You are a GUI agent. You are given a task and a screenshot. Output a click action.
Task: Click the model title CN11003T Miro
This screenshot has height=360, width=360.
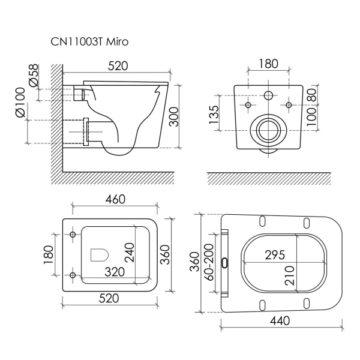89,42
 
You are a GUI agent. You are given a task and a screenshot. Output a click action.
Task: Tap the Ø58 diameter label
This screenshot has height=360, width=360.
34,76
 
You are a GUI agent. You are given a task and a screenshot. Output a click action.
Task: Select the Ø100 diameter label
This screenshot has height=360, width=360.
20,103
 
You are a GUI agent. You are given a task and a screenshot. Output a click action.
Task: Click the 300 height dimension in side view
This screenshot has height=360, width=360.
173,116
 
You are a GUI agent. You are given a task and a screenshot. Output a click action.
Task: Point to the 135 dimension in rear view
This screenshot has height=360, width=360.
214,115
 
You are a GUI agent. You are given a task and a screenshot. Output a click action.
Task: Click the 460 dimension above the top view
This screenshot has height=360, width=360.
115,199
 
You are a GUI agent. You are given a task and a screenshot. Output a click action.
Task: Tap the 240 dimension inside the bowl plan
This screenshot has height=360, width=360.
129,253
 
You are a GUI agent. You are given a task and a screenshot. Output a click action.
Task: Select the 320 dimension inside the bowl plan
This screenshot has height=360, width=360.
115,272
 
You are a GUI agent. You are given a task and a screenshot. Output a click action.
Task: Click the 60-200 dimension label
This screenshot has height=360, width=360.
209,262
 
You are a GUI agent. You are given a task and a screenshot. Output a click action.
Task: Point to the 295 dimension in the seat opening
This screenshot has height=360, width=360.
275,255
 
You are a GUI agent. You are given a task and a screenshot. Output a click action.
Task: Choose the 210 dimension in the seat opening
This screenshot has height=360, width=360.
290,275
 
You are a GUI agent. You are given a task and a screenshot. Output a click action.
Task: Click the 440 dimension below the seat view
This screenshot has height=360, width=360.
280,321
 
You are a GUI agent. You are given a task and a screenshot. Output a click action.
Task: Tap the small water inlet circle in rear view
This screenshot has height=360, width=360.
268,95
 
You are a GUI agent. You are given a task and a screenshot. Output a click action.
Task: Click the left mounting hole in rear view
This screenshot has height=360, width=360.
248,105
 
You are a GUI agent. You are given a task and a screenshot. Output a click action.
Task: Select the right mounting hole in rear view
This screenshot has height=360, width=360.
289,105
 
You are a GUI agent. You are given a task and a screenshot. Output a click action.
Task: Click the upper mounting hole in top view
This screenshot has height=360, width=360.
73,235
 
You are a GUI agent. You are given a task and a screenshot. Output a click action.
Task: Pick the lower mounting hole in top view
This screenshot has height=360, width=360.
73,275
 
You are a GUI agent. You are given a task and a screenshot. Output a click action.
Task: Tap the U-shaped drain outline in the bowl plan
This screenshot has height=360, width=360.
100,254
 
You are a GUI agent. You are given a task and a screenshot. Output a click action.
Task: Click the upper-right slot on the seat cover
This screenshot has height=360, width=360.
307,223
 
